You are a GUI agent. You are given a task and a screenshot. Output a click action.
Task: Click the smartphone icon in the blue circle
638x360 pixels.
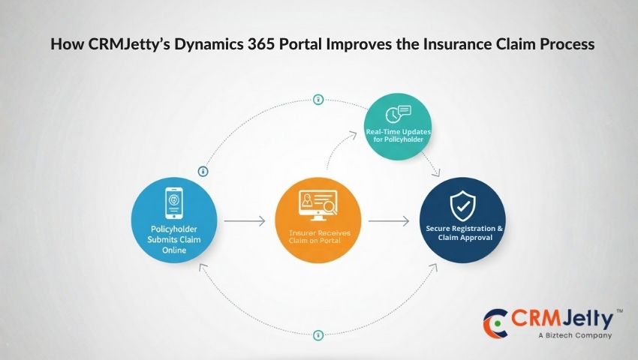click(x=175, y=201)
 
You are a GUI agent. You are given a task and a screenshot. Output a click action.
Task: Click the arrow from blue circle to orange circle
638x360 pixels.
click(x=245, y=221)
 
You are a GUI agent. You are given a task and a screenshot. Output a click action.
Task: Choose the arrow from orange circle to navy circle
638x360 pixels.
click(x=387, y=221)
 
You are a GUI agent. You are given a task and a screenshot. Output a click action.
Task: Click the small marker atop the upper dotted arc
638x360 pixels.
click(x=318, y=100)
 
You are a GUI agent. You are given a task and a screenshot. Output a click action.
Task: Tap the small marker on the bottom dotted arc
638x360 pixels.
click(x=317, y=334)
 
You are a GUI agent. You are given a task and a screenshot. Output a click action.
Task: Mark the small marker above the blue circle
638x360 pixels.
click(x=203, y=171)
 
